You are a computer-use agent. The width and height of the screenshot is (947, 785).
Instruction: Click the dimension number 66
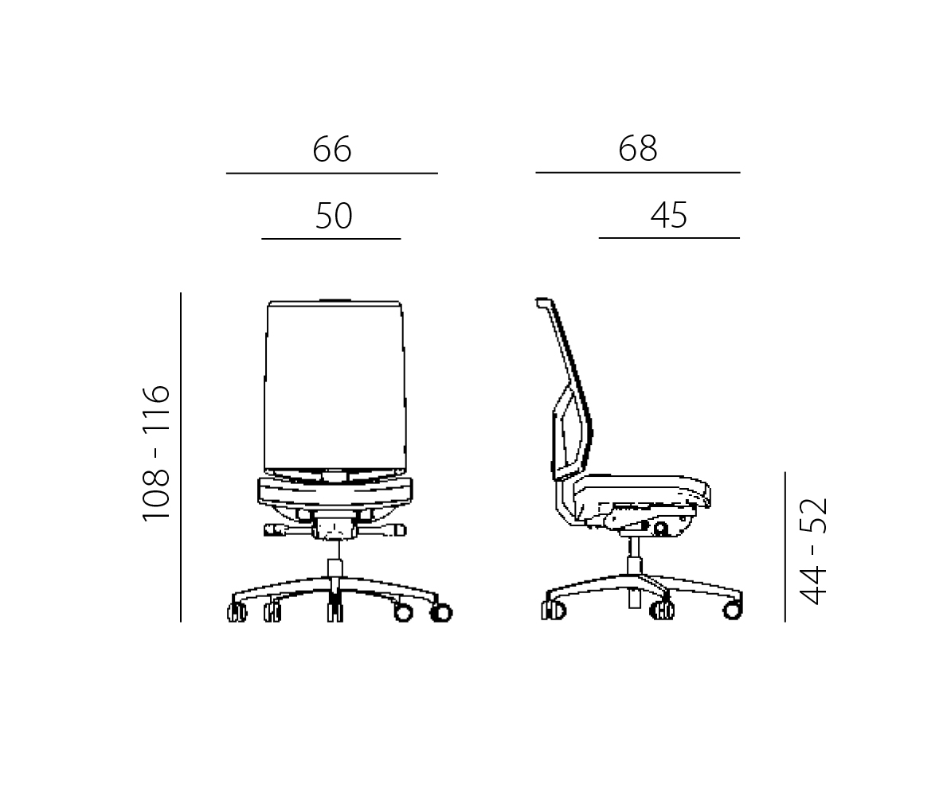click(x=332, y=149)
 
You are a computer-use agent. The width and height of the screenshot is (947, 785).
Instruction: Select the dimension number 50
click(x=334, y=216)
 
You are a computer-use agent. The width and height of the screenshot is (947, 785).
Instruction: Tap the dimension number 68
click(x=638, y=148)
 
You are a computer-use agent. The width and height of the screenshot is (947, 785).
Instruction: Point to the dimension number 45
click(x=668, y=215)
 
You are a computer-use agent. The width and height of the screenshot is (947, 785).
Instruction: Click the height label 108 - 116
click(x=156, y=452)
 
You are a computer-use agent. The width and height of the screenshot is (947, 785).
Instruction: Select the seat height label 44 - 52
click(x=812, y=551)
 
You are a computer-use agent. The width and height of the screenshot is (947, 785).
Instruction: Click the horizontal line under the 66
click(x=332, y=174)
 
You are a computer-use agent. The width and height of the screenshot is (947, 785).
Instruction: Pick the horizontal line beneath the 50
click(x=331, y=239)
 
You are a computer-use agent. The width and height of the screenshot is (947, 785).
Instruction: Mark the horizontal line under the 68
click(x=638, y=173)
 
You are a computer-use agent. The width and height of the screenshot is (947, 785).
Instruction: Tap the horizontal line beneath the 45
click(x=669, y=238)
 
